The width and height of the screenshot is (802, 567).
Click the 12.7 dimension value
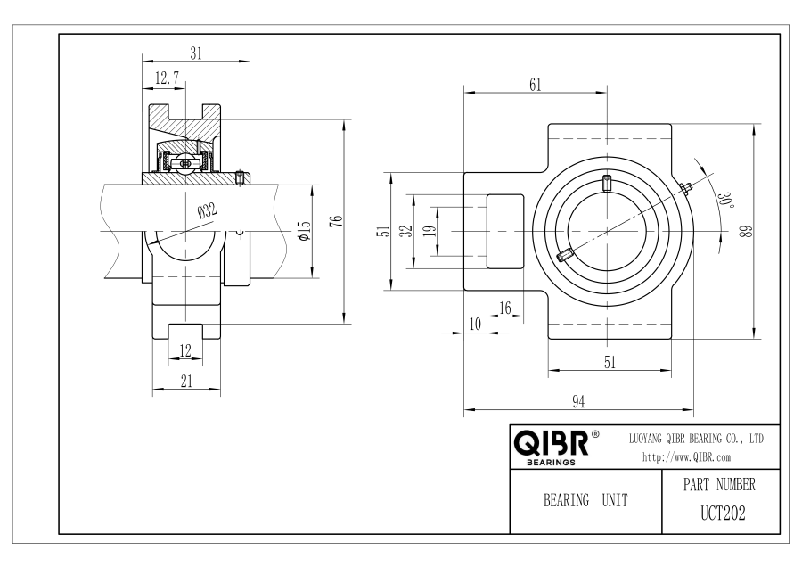(x=167, y=78)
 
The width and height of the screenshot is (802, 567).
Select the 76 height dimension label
(x=336, y=221)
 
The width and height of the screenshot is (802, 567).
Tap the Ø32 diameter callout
(x=207, y=210)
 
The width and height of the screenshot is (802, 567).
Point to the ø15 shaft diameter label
(x=304, y=231)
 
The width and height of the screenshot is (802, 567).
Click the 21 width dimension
(x=187, y=381)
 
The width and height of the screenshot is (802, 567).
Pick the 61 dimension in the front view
(x=535, y=85)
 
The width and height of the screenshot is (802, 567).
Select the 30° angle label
(x=725, y=200)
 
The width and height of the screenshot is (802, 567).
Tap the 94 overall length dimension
(x=578, y=402)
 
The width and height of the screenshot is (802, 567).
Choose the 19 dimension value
(x=431, y=231)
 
